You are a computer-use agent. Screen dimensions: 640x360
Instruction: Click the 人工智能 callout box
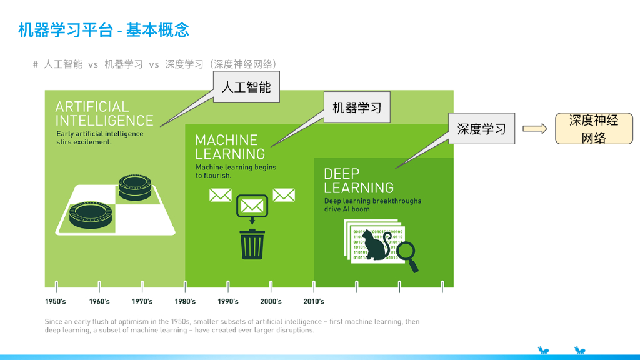click(246, 87)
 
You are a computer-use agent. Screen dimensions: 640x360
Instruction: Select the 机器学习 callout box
click(357, 107)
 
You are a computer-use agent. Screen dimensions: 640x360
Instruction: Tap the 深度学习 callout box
click(481, 129)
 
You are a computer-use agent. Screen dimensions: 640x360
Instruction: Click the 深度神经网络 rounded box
click(594, 129)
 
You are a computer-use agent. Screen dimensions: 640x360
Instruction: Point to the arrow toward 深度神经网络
click(535, 129)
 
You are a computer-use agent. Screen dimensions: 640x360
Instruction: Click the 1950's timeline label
click(56, 301)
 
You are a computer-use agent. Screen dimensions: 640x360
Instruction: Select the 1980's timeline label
click(185, 301)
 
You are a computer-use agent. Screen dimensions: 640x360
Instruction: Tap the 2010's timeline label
click(314, 301)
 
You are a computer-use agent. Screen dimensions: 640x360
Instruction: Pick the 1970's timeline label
click(142, 301)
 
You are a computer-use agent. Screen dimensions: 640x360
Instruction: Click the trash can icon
click(252, 244)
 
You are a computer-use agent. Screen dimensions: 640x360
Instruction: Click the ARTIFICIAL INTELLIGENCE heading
click(104, 114)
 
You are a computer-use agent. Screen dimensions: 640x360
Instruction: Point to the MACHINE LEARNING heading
click(229, 147)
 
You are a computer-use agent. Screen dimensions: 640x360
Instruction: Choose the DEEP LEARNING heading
click(358, 181)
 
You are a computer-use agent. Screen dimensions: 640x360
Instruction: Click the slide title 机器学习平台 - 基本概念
click(104, 29)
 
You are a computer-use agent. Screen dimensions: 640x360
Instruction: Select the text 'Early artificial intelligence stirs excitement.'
click(99, 137)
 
